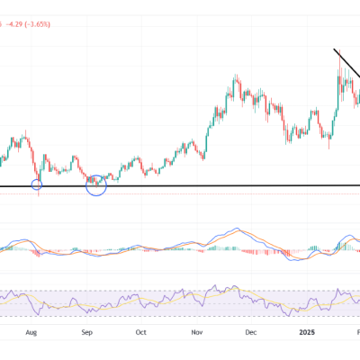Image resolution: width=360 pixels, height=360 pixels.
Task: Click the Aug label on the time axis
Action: [31, 331]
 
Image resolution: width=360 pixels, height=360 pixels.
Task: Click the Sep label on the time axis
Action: [87, 331]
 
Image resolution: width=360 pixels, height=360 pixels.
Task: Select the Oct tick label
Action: [140, 331]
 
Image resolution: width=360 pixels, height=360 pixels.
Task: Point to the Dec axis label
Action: [251, 331]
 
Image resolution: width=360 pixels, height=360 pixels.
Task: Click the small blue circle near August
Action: [37, 184]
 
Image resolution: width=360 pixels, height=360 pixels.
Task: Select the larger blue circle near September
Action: [95, 184]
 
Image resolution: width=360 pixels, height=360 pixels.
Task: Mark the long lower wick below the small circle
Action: [38, 194]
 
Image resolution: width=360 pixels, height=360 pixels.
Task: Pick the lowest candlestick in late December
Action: [286, 141]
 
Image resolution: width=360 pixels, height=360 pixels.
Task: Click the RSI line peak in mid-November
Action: [216, 289]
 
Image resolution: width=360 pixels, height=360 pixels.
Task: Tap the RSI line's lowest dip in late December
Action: [286, 311]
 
